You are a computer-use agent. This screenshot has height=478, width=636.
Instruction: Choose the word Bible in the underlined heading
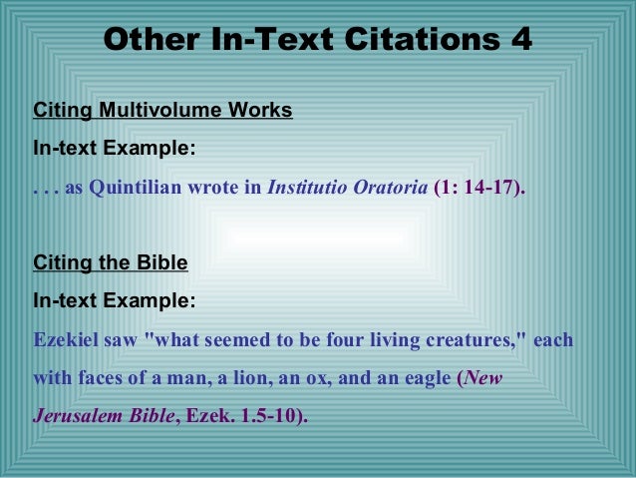click(x=163, y=263)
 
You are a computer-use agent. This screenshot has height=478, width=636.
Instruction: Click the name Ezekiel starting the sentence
click(x=65, y=340)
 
